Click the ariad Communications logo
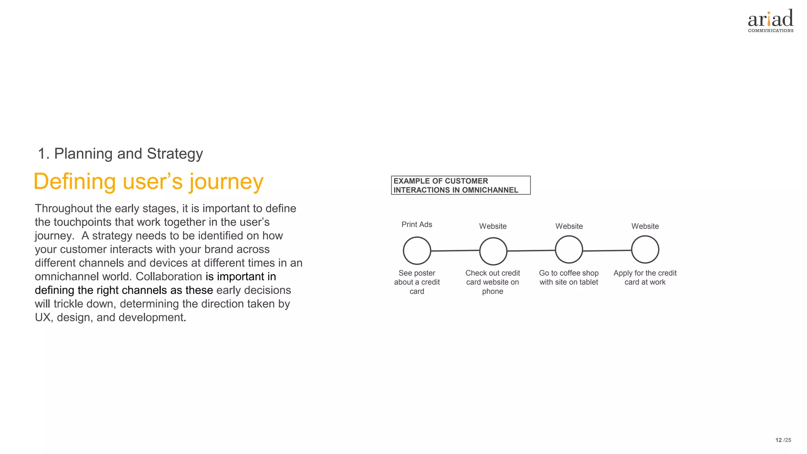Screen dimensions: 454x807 click(770, 21)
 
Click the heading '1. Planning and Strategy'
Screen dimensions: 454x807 click(120, 154)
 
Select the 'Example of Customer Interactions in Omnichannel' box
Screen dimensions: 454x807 click(460, 185)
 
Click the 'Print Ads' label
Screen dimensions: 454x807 click(417, 225)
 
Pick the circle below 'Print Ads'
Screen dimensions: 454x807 click(417, 251)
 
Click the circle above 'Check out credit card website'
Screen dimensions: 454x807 click(493, 251)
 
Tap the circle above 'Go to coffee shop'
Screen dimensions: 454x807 click(569, 249)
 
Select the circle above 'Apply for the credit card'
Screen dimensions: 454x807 click(645, 249)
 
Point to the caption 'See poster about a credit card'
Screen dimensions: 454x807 click(417, 282)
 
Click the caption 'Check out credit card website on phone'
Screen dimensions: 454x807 click(493, 282)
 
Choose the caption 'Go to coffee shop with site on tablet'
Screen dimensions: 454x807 click(569, 277)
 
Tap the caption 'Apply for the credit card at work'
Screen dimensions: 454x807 click(645, 277)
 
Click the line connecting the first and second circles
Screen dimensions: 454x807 click(455, 251)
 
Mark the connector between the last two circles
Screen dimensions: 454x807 click(607, 250)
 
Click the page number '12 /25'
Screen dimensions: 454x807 click(783, 440)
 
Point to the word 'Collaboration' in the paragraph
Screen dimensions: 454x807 click(169, 277)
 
